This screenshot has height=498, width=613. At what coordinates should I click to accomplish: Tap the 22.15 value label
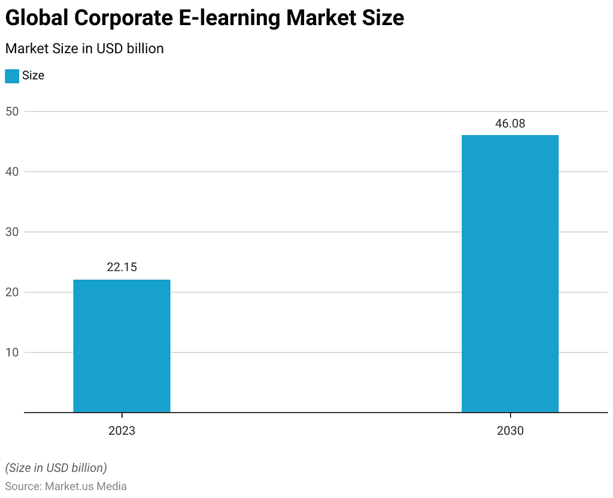click(x=122, y=267)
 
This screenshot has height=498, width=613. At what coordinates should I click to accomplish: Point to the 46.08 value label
click(x=510, y=124)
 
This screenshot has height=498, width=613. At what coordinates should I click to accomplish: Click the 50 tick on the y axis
click(x=13, y=111)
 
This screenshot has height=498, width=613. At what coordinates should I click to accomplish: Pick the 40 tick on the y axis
click(x=13, y=172)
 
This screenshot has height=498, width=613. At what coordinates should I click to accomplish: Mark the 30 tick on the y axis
click(x=13, y=232)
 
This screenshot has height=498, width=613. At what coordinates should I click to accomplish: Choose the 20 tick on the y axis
click(x=13, y=292)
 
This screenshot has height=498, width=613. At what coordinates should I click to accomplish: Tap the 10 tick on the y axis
click(x=13, y=352)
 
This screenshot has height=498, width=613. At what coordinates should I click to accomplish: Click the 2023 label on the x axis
click(x=122, y=430)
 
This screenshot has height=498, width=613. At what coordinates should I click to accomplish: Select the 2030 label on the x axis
click(x=510, y=430)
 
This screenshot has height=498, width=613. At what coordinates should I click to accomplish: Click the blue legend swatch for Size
click(x=11, y=76)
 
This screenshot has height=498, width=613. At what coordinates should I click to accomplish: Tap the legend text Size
click(x=34, y=76)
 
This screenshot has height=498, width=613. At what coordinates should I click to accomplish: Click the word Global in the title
click(x=37, y=18)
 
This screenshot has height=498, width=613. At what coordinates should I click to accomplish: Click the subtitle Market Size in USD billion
click(x=84, y=48)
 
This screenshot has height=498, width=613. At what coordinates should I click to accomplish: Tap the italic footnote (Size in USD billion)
click(x=56, y=467)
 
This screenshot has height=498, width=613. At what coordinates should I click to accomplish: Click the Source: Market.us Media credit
click(x=66, y=486)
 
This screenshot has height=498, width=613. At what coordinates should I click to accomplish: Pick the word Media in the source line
click(x=113, y=486)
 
